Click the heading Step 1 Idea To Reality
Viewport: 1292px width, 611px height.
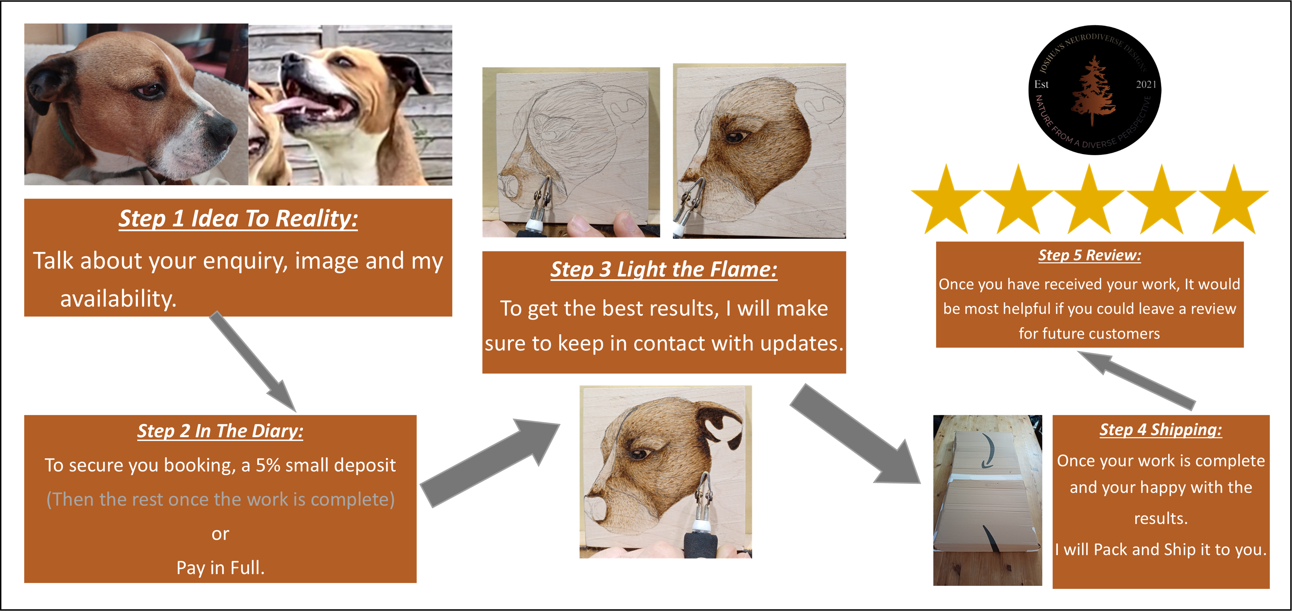click(x=238, y=218)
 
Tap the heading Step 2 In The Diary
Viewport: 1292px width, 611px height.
click(x=220, y=431)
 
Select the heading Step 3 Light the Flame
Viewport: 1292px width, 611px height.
click(x=664, y=270)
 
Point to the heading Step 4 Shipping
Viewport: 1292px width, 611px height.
click(x=1161, y=430)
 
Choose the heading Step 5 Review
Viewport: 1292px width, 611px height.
click(x=1089, y=255)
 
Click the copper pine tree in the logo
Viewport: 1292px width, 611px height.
click(x=1093, y=90)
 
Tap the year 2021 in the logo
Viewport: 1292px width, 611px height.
click(x=1146, y=84)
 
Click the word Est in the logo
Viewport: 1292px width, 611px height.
click(x=1042, y=84)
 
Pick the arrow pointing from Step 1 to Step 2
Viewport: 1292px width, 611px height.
click(x=253, y=362)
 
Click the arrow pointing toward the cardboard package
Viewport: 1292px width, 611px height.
click(x=856, y=434)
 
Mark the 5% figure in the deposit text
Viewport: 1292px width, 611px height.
click(x=268, y=465)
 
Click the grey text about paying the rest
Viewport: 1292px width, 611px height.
click(x=220, y=499)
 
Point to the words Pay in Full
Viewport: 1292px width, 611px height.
click(x=220, y=568)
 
